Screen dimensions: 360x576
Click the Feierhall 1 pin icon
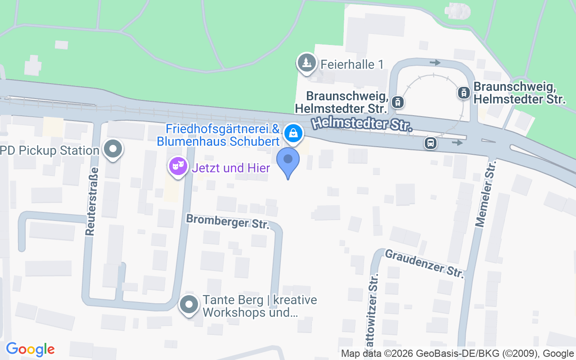[x=307, y=63]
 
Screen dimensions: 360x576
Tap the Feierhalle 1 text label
[x=352, y=64]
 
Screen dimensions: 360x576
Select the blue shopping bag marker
[x=293, y=133]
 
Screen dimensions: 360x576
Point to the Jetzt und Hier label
[x=231, y=168]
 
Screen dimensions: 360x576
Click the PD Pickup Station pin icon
[x=113, y=149]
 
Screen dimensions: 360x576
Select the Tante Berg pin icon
[x=189, y=305]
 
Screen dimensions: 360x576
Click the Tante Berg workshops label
[x=260, y=306]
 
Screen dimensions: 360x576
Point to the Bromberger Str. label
[x=228, y=221]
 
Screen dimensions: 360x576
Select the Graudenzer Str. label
[x=424, y=264]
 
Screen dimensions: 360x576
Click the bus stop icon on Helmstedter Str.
[x=431, y=143]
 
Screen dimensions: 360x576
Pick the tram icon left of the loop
[x=397, y=102]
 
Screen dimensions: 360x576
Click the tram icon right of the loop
[x=463, y=93]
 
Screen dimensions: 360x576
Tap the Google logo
[x=30, y=349]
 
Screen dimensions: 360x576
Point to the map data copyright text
[x=458, y=354]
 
